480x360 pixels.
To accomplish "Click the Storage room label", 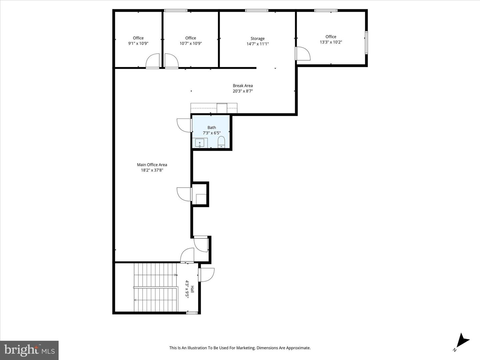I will coord(257,38).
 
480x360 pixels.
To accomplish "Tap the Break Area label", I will coord(243,86).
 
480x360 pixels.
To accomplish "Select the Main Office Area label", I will coord(152,165).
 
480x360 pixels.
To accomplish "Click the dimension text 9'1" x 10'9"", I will coord(138,43).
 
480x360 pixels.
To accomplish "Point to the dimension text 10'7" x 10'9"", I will coord(191,43).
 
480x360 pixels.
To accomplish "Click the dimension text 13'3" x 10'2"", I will coord(331,42).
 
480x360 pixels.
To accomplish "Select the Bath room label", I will coord(212,127).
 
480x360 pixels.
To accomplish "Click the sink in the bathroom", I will coord(200,143).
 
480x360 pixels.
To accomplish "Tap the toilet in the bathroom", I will coord(221,143).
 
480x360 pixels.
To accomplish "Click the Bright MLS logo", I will coord(29,350).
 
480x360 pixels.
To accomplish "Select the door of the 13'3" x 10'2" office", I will coord(302,53).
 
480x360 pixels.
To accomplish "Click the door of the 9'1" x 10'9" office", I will coord(153,61).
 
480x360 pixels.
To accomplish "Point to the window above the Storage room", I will coord(257,11).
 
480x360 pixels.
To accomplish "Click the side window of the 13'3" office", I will coord(366,42).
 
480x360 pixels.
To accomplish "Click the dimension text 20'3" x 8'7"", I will coord(243,91).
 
